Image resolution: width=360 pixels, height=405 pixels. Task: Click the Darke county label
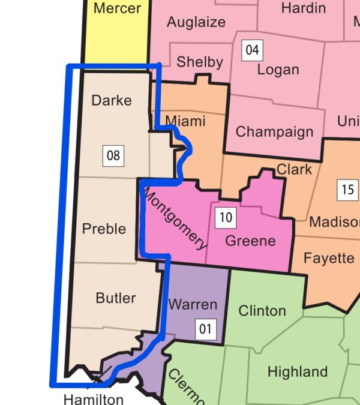tap(112, 100)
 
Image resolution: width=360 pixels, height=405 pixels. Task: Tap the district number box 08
tap(113, 156)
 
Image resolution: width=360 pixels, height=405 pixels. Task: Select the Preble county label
tap(104, 229)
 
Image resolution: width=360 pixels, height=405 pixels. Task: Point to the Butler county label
tap(116, 298)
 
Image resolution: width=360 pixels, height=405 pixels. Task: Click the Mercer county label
tap(117, 8)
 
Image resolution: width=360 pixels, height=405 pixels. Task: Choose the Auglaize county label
tap(196, 22)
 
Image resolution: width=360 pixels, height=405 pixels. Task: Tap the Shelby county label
tap(200, 62)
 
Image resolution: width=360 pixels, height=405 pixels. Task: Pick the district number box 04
tap(252, 50)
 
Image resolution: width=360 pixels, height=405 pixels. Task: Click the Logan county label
tap(278, 70)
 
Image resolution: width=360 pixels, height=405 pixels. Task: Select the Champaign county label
tap(274, 131)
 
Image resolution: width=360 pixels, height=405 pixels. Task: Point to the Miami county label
tap(185, 121)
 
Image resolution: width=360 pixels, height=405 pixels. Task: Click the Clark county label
tap(294, 169)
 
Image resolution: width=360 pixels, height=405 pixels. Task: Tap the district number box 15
tap(347, 190)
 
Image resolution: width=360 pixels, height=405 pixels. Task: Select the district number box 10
tap(226, 217)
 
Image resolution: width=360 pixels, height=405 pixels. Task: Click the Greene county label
tap(250, 241)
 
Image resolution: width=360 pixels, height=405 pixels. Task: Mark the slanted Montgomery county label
tap(175, 220)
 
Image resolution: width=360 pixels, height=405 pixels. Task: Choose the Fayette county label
tap(329, 258)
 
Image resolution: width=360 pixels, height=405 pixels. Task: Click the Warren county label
tap(193, 304)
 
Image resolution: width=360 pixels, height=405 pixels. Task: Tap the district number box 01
tap(206, 328)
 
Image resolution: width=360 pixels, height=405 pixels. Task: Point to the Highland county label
tap(298, 371)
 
